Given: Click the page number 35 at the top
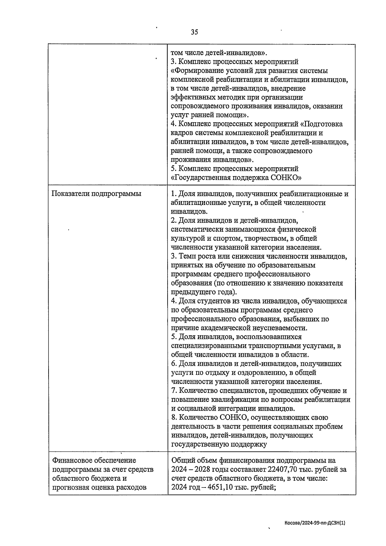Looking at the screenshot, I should pos(194,32).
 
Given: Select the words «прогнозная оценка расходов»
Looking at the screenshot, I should pos(99,487).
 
